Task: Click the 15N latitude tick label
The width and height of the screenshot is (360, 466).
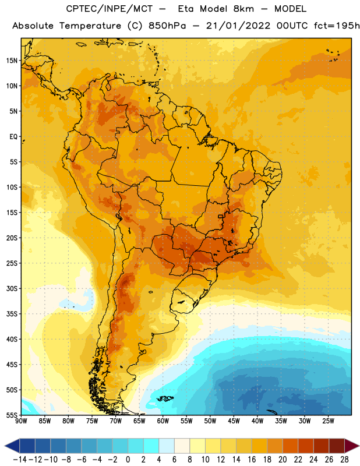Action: pyautogui.click(x=12, y=61)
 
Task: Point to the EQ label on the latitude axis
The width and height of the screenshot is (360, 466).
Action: pyautogui.click(x=13, y=137)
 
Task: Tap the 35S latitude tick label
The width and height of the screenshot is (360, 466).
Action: pyautogui.click(x=12, y=314)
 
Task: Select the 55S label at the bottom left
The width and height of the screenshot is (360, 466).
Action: pyautogui.click(x=12, y=415)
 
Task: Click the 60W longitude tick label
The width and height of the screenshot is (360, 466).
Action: pyautogui.click(x=163, y=421)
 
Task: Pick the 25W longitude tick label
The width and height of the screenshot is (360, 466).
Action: pyautogui.click(x=328, y=421)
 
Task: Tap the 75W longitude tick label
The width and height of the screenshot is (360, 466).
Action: pyautogui.click(x=92, y=421)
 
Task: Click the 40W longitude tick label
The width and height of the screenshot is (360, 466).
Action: pyautogui.click(x=257, y=421)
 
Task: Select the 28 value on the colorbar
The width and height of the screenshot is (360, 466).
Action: pyautogui.click(x=344, y=460)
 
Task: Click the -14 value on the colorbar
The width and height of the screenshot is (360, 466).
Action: pyautogui.click(x=20, y=460)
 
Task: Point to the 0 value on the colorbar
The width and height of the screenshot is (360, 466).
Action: pyautogui.click(x=128, y=460)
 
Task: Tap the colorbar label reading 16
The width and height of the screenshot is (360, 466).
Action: pyautogui.click(x=252, y=460)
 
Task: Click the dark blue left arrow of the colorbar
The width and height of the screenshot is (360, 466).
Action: pyautogui.click(x=12, y=446)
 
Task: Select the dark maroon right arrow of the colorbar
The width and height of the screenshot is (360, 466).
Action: pyautogui.click(x=352, y=446)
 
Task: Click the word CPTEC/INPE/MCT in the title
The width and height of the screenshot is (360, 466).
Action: pyautogui.click(x=110, y=9)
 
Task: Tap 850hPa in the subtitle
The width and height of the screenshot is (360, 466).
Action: pyautogui.click(x=167, y=26)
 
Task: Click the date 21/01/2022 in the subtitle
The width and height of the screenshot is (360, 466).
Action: pyautogui.click(x=238, y=26)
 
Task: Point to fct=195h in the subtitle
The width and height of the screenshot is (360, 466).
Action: pyautogui.click(x=337, y=26)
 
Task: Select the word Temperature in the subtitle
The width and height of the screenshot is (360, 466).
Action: pyautogui.click(x=90, y=26)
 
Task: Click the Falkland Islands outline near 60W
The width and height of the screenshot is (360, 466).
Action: pyautogui.click(x=165, y=398)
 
